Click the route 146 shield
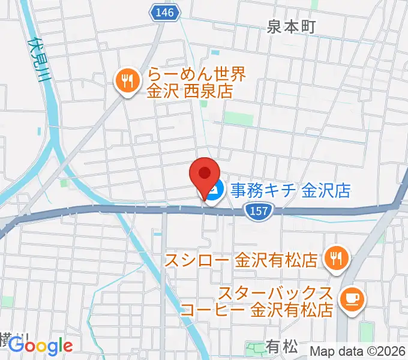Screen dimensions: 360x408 click(x=164, y=13)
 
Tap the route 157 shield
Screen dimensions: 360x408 click(x=259, y=209)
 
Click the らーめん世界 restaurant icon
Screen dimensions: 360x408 click(x=127, y=82)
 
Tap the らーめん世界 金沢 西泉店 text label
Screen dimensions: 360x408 click(x=189, y=83)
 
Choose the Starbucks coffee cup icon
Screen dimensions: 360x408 click(x=350, y=298)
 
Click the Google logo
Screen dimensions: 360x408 click(x=40, y=346)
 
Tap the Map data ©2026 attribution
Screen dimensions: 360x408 click(x=357, y=351)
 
